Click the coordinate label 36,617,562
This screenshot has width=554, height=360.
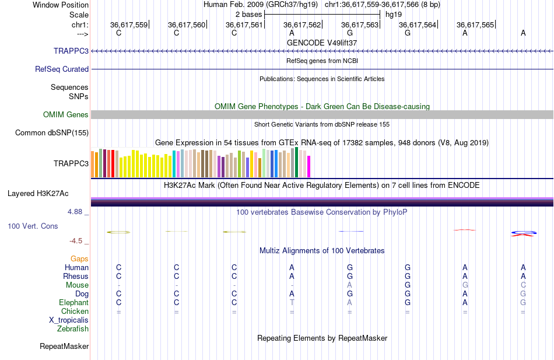(x=302, y=25)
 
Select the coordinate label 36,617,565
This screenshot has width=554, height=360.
(x=475, y=25)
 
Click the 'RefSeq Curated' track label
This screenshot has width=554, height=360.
(x=62, y=69)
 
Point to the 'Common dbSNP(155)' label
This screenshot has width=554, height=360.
(x=52, y=132)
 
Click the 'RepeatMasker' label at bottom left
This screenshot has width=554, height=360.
(x=64, y=346)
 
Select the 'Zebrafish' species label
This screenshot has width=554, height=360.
(x=73, y=328)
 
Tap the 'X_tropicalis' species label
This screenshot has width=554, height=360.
(x=69, y=320)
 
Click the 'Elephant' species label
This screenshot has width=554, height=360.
(x=73, y=302)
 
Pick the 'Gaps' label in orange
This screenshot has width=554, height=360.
(x=79, y=258)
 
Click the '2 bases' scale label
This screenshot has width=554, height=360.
(x=249, y=14)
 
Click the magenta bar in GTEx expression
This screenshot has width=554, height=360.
(x=308, y=166)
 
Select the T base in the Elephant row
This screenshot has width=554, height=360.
(x=292, y=302)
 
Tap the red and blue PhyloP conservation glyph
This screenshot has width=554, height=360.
(x=523, y=233)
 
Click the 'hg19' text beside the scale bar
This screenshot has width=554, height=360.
(x=393, y=14)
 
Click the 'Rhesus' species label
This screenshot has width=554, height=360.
(x=76, y=276)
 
